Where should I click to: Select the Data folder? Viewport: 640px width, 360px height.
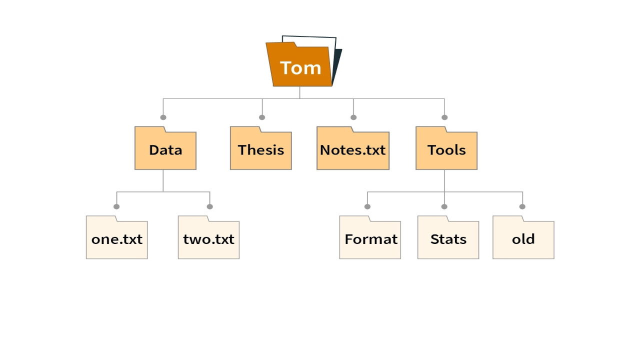[x=165, y=150]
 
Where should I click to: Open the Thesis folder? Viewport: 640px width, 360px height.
[x=260, y=150]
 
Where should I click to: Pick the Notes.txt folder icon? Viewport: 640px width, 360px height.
[x=352, y=150]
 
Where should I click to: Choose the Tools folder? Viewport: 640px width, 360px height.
[x=446, y=150]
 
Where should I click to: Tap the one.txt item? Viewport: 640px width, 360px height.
[x=116, y=239]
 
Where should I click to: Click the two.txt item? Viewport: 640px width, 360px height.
[x=208, y=239]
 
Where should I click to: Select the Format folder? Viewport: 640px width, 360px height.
[x=370, y=239]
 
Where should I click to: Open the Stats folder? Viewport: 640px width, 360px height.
[x=448, y=239]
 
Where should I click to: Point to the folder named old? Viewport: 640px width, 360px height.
[x=523, y=239]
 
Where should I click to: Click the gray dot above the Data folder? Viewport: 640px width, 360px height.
[x=163, y=117]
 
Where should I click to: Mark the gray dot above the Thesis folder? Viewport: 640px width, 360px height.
[x=262, y=117]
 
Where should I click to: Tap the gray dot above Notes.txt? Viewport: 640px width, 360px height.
[x=353, y=117]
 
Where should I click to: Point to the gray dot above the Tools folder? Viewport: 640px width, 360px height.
[x=444, y=117]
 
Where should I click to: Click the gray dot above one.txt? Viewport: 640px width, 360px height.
[x=116, y=206]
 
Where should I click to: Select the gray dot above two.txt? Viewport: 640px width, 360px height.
[x=209, y=206]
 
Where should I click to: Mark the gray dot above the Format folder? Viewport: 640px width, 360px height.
[x=367, y=206]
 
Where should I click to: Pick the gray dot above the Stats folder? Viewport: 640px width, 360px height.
[x=444, y=206]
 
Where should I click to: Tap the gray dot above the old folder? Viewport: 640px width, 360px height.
[x=522, y=206]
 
